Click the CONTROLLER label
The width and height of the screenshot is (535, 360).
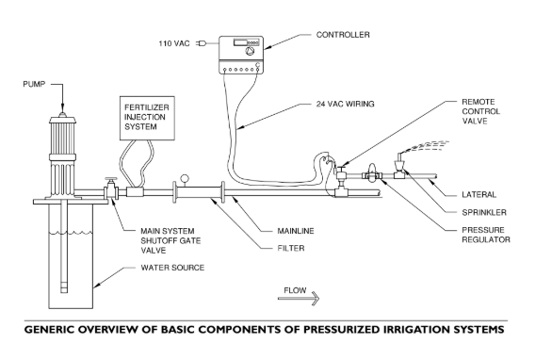coord(343,35)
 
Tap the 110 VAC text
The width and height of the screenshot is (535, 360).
coord(174,43)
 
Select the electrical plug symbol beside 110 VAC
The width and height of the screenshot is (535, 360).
coord(202,43)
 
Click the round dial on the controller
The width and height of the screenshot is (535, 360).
coord(251,51)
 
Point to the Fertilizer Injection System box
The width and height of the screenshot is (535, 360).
coord(147,118)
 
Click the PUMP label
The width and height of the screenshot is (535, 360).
coord(34,84)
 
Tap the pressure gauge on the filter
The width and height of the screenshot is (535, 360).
coord(185,178)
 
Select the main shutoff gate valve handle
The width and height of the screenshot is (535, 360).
coord(110,179)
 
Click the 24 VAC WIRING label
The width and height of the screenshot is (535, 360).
coord(346,104)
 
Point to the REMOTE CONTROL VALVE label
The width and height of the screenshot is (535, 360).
coord(480,111)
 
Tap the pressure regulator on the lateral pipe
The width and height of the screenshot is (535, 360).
coord(372,173)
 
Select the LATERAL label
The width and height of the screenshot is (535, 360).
coord(479,195)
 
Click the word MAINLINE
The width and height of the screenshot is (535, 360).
coord(296,231)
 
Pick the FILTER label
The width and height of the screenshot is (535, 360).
coord(291,249)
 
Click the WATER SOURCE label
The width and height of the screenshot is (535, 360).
coord(172,268)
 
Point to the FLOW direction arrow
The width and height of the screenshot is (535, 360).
coord(299,298)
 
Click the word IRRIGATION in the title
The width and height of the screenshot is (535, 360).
coord(417,330)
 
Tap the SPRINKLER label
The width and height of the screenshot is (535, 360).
coord(484,213)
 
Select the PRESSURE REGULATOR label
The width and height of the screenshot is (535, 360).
coord(486,235)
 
